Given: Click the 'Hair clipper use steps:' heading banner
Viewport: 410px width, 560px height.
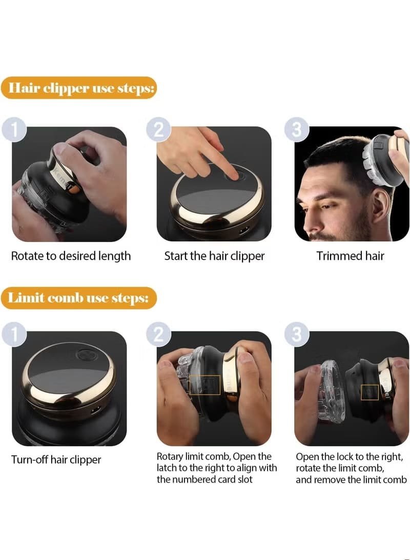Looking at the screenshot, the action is tap(79, 88).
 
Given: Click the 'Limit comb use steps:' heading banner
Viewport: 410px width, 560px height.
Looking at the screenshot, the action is tap(79, 298).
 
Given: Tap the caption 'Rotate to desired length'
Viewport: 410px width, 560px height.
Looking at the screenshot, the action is tap(71, 256).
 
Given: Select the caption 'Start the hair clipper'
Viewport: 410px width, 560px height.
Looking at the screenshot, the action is tap(214, 256).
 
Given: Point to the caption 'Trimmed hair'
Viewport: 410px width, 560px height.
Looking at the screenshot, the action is tap(350, 256).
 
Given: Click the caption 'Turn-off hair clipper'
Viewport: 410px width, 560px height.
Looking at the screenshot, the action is tap(56, 459).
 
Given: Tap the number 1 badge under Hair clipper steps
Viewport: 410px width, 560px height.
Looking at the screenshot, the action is tap(14, 130).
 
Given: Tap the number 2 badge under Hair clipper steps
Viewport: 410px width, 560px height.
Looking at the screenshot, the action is tap(159, 130).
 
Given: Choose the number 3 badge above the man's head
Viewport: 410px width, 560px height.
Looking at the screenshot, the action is tap(297, 129).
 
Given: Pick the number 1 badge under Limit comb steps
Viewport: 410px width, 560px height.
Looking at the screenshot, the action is tap(14, 334).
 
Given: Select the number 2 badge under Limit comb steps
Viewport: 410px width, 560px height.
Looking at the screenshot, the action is tap(159, 334).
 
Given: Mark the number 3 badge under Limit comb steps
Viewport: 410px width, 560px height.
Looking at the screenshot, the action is tap(297, 334).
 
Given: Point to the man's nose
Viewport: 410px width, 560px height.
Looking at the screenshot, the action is tap(306, 218).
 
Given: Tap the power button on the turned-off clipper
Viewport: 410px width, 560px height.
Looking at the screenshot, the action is tap(85, 355).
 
